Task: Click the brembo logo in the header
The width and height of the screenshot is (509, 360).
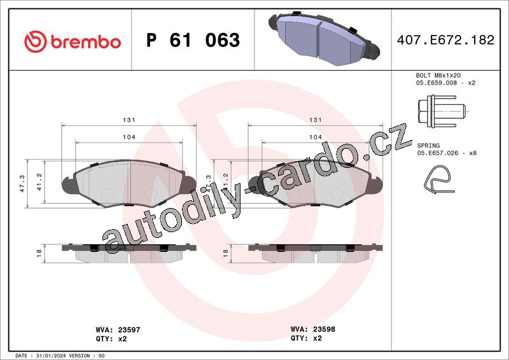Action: coord(73,41)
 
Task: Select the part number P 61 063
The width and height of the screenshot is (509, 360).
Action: coord(193,40)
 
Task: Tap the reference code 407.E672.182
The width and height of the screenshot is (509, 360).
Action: coord(446,40)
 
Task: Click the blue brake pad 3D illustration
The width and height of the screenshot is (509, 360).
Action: coord(324,39)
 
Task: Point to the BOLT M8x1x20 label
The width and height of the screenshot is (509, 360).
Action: coord(438,75)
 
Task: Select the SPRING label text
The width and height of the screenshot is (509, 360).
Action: coord(428,146)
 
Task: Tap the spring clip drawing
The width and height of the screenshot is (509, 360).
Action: coord(438,179)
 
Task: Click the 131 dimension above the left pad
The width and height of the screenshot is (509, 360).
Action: coord(129,120)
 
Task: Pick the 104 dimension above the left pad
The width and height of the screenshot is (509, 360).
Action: coord(129,137)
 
